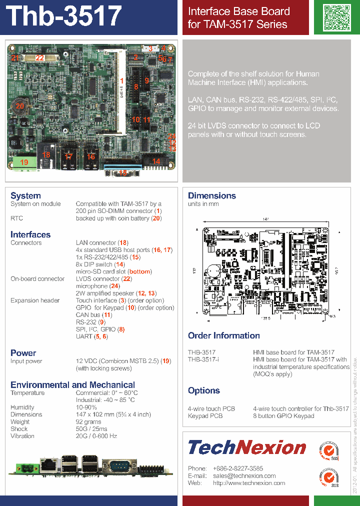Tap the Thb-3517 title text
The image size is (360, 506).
[x=65, y=16]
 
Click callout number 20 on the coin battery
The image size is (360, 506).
[x=19, y=106]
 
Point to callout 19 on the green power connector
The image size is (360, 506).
[x=24, y=162]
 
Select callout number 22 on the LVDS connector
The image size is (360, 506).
[x=39, y=58]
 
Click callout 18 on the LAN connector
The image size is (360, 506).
[x=46, y=155]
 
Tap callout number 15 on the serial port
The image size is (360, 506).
[x=123, y=173]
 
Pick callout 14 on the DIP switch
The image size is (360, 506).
[x=156, y=161]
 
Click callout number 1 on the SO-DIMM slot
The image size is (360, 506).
[x=121, y=80]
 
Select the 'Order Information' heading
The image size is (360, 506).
[x=223, y=335]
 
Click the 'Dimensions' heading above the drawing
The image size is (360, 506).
[x=211, y=195]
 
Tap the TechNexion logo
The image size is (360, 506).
[x=246, y=447]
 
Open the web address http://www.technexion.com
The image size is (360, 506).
[x=249, y=483]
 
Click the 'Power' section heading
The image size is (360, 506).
[x=23, y=353]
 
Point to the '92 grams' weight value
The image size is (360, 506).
[x=88, y=422]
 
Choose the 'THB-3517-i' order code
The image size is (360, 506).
[x=203, y=359]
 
